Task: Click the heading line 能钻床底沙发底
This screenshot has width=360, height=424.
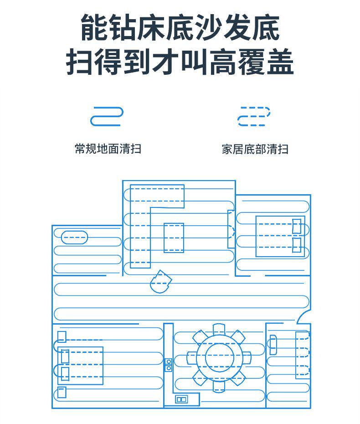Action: (180, 27)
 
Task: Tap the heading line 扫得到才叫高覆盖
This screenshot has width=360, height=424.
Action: (180, 62)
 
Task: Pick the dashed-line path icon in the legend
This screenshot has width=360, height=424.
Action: (253, 116)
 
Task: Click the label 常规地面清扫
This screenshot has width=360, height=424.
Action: (108, 149)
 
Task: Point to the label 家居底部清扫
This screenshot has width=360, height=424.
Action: (255, 149)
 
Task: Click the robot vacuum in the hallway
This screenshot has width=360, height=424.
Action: (159, 282)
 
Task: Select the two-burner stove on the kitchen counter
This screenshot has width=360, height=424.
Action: (169, 365)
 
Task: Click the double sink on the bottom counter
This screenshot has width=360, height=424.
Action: (181, 399)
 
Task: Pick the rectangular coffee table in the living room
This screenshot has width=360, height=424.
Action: (174, 238)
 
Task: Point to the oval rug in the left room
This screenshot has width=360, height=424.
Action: (74, 237)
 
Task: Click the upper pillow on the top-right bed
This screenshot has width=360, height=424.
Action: (297, 226)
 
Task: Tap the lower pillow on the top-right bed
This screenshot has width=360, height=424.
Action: (297, 245)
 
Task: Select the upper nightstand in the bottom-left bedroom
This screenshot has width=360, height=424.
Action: (62, 336)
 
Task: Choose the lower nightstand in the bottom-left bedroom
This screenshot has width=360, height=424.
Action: (62, 393)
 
